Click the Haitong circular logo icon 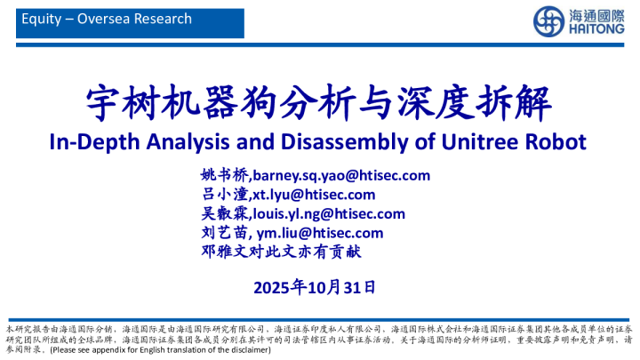point(547,20)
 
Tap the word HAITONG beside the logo point(594,28)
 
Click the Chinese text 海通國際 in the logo point(594,13)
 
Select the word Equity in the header point(39,19)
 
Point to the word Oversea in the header point(101,19)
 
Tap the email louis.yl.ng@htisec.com point(328,213)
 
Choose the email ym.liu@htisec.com point(320,233)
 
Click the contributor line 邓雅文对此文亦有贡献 point(282,252)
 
